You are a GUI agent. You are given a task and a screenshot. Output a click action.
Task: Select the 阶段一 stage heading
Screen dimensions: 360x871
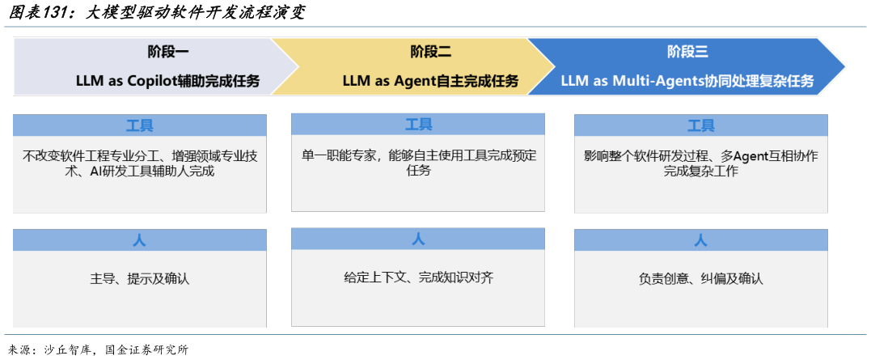(168, 53)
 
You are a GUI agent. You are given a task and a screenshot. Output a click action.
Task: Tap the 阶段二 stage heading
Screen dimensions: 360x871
(430, 53)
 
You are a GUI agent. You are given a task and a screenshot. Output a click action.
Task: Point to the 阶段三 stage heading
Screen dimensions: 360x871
(687, 53)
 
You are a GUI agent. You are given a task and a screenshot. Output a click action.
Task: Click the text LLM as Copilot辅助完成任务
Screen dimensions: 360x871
(168, 81)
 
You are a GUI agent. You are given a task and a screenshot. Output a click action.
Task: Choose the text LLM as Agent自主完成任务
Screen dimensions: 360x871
(430, 81)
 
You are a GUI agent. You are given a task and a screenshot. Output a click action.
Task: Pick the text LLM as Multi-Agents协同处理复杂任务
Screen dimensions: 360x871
(687, 81)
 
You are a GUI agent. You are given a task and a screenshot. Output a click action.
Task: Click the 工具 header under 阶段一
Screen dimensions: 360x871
(139, 125)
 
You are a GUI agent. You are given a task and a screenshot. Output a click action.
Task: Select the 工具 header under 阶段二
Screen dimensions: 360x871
(418, 125)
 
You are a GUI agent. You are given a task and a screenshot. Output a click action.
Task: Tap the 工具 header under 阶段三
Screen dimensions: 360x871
(700, 125)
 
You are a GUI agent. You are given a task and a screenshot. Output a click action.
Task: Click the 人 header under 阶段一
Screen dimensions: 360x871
(139, 240)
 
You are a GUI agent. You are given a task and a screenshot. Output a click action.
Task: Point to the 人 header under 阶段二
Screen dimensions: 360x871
(418, 239)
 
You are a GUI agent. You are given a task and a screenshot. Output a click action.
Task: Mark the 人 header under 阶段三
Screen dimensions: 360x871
(700, 240)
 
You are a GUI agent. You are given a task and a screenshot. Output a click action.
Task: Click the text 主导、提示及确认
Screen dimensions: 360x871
(139, 279)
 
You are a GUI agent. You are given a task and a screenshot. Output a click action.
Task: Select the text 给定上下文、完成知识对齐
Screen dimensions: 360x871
(418, 277)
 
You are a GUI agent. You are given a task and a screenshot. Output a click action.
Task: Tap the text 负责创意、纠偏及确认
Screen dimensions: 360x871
(700, 279)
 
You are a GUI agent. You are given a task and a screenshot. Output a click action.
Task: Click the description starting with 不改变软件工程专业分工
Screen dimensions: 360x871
(139, 163)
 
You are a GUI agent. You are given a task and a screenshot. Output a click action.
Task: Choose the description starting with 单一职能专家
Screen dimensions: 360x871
(418, 163)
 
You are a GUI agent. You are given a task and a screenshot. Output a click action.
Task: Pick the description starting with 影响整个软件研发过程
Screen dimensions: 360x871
(700, 163)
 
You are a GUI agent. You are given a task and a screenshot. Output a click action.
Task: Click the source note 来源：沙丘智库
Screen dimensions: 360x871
(97, 349)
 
